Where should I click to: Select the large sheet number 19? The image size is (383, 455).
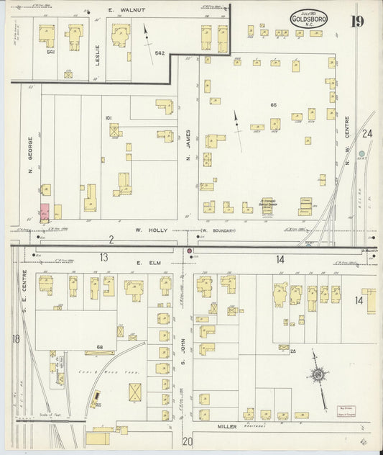(x=357, y=20)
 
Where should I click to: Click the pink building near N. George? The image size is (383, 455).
(x=45, y=212)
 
